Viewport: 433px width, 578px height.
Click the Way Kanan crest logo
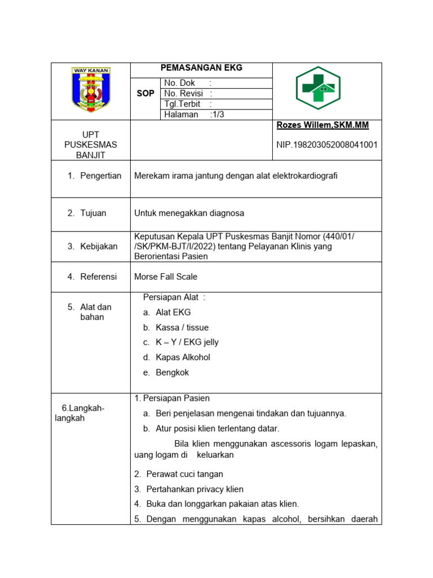[x=91, y=90]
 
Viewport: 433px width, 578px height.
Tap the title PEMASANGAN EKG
[x=201, y=68]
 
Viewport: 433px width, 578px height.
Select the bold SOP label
[x=145, y=93]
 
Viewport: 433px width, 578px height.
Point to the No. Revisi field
[x=188, y=94]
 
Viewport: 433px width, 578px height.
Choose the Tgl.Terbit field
[x=188, y=104]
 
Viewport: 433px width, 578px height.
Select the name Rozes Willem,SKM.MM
[x=322, y=125]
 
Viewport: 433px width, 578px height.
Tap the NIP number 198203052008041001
[x=327, y=145]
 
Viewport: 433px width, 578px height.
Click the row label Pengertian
[x=100, y=176]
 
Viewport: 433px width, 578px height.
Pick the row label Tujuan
[x=93, y=213]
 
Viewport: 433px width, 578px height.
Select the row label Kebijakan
[x=99, y=246]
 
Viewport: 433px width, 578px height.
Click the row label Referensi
[x=98, y=277]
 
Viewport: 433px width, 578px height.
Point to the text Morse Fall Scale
[x=166, y=277]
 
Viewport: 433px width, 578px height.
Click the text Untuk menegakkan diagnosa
[x=189, y=213]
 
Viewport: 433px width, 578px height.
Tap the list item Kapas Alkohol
[x=183, y=357]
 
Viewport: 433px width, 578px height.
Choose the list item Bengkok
[x=172, y=373]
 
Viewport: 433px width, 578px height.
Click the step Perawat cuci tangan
[x=184, y=474]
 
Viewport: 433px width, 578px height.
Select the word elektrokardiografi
[x=303, y=176]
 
